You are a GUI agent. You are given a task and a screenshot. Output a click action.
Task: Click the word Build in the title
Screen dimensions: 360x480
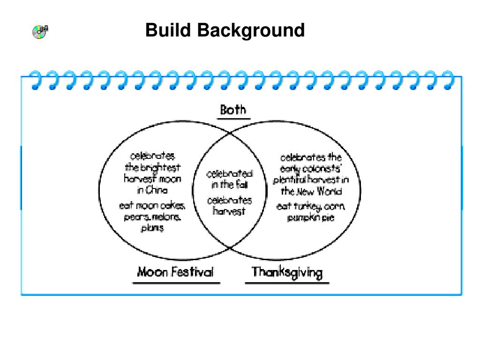(x=168, y=30)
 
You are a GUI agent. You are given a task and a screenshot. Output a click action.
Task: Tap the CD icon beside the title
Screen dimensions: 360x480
(x=40, y=31)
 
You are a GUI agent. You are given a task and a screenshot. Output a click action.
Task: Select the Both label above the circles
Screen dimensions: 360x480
(x=233, y=110)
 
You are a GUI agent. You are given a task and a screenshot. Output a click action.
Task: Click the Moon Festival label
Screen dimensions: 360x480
(x=175, y=272)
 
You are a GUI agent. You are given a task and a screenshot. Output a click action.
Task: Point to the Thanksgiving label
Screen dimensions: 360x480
(x=287, y=272)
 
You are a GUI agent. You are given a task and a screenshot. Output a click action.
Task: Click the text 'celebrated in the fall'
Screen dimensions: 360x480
(x=230, y=180)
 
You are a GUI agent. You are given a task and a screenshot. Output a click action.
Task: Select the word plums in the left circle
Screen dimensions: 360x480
(x=153, y=228)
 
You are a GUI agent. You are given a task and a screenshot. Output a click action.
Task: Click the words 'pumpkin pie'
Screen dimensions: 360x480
(x=311, y=217)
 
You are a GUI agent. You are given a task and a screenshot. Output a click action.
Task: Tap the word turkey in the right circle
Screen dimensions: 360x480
(x=307, y=206)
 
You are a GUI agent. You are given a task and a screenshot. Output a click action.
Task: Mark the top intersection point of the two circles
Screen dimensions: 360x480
(x=230, y=133)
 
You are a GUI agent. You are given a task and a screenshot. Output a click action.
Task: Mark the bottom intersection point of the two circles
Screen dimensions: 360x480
(x=230, y=247)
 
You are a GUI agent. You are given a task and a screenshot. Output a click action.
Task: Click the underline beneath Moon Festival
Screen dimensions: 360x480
(x=176, y=283)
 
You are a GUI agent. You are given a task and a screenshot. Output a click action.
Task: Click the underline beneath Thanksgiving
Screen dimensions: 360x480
(x=287, y=283)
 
